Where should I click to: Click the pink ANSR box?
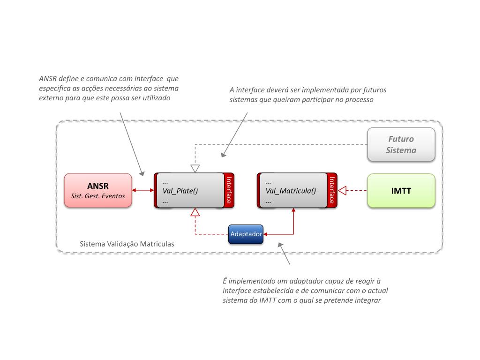[98, 190]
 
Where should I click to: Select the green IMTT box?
[401, 190]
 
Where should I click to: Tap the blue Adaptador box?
[246, 233]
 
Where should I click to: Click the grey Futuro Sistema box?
[401, 144]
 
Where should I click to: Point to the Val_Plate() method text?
[180, 191]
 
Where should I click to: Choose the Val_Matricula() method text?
[291, 191]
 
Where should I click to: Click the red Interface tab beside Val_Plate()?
[229, 190]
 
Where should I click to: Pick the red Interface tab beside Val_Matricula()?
[332, 190]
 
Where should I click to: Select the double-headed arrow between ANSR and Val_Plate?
[143, 190]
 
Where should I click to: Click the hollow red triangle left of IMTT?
[343, 190]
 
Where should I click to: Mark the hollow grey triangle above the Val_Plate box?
[195, 168]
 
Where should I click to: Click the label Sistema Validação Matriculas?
[127, 244]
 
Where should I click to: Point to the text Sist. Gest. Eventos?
[98, 196]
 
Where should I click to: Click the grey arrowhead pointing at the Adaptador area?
[280, 245]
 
